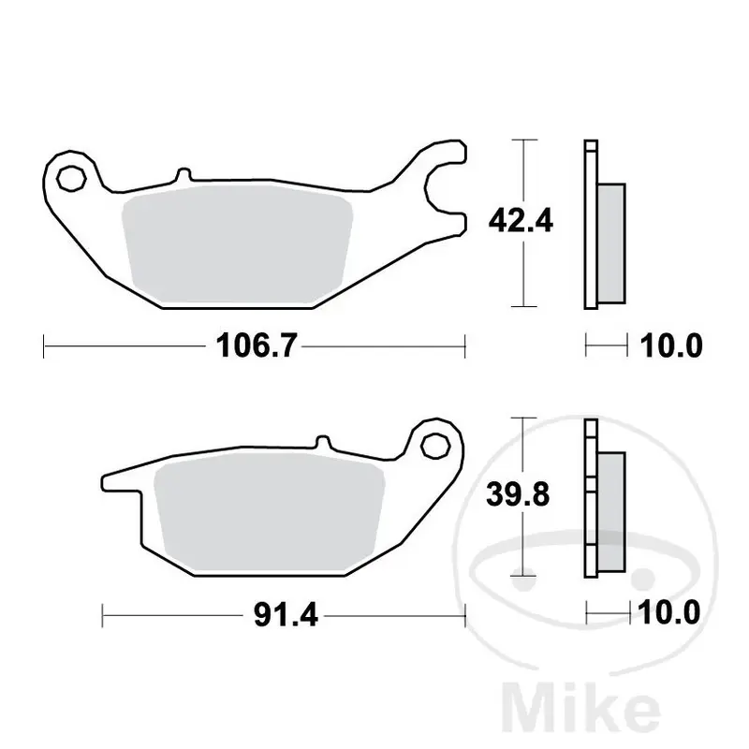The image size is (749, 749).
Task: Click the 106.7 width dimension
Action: tap(257, 345)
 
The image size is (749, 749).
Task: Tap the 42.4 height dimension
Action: tap(521, 221)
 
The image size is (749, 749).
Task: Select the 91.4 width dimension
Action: tap(286, 615)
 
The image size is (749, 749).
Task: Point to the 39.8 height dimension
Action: tap(518, 494)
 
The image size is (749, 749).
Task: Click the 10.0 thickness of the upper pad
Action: tap(671, 345)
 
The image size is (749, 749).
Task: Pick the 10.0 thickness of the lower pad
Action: tap(668, 612)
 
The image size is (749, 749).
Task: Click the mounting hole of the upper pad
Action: tap(71, 179)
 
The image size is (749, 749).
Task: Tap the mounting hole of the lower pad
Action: tap(435, 446)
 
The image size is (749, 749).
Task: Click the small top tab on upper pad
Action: tap(184, 175)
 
